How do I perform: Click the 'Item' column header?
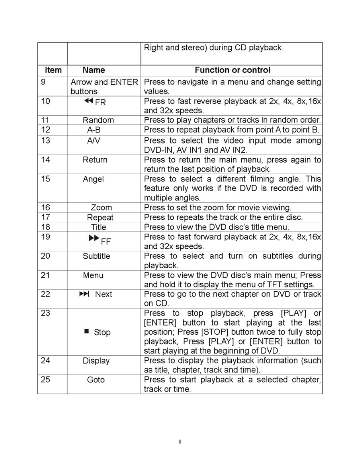pyautogui.click(x=53, y=70)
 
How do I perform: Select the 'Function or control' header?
pyautogui.click(x=232, y=70)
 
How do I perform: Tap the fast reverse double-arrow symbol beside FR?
pyautogui.click(x=89, y=101)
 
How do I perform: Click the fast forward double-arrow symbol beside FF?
pyautogui.click(x=94, y=238)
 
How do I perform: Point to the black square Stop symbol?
pyautogui.click(x=87, y=331)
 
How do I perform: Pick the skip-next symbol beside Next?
pyautogui.click(x=84, y=294)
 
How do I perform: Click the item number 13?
pyautogui.click(x=46, y=141)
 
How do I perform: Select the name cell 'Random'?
pyautogui.click(x=98, y=120)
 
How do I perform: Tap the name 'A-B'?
pyautogui.click(x=94, y=130)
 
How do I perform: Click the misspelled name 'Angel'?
pyautogui.click(x=93, y=179)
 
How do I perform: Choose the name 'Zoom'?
pyautogui.click(x=101, y=208)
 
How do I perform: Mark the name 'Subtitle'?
pyautogui.click(x=96, y=256)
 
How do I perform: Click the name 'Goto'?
pyautogui.click(x=96, y=380)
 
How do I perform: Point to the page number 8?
pyautogui.click(x=180, y=442)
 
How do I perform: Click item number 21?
pyautogui.click(x=46, y=275)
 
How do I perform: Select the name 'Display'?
pyautogui.click(x=96, y=361)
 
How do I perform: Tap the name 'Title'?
pyautogui.click(x=99, y=227)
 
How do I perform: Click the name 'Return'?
pyautogui.click(x=95, y=160)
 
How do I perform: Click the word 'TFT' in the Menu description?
pyautogui.click(x=272, y=285)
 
